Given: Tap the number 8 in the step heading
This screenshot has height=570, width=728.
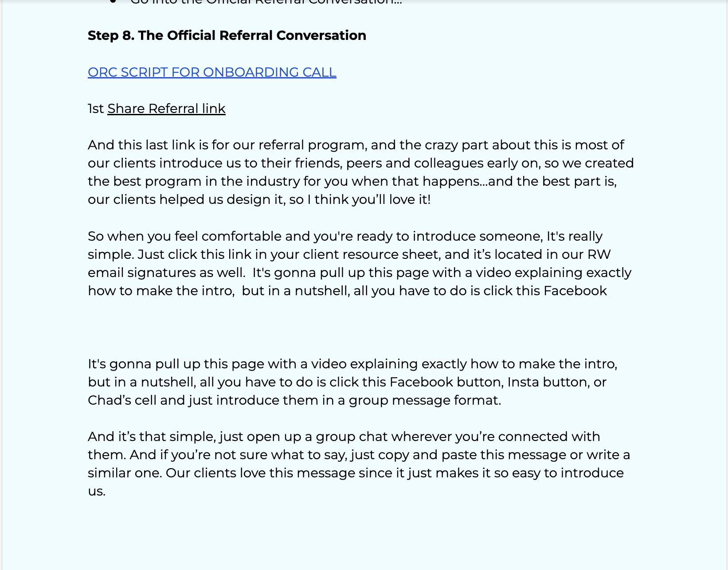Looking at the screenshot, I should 128,35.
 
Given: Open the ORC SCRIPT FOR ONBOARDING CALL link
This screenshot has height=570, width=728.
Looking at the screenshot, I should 212,72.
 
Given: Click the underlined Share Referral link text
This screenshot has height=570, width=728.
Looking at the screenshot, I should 166,109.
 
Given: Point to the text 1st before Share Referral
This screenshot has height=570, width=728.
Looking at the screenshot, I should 96,109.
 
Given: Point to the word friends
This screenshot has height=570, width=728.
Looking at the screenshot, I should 317,163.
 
